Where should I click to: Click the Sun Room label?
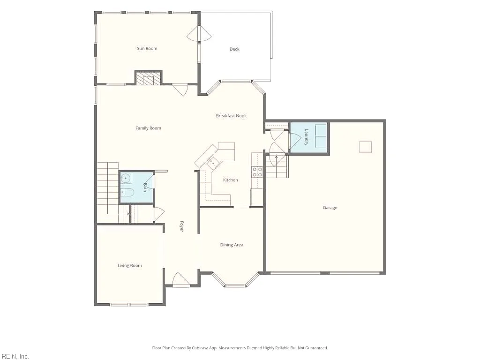[x=147, y=48]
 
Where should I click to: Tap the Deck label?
[x=234, y=49]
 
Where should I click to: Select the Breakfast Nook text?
[x=231, y=116]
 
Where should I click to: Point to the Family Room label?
[x=148, y=128]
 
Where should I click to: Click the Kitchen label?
[x=231, y=180]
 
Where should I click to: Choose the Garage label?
[x=330, y=208]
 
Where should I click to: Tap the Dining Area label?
[x=232, y=245]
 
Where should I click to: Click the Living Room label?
[x=130, y=266]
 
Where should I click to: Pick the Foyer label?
[x=181, y=226]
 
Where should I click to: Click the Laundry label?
[x=307, y=137]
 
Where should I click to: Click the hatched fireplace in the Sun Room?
[x=149, y=78]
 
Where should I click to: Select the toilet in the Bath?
[x=127, y=192]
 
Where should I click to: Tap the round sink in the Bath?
[x=126, y=178]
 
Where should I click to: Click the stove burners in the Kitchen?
[x=257, y=172]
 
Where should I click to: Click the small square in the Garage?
[x=366, y=147]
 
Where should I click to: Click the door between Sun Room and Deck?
[x=199, y=34]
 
